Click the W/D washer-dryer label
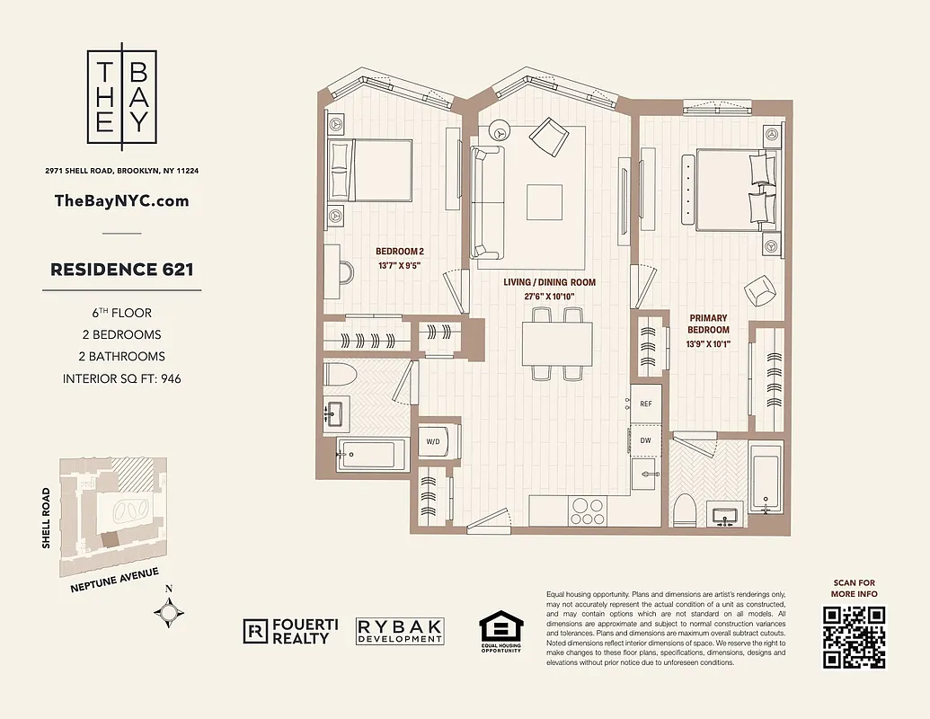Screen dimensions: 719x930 point(432,441)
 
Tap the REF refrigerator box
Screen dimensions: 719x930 point(645,404)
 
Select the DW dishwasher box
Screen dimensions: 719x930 point(645,441)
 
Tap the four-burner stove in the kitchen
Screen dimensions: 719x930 point(587,510)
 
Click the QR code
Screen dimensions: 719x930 point(855,637)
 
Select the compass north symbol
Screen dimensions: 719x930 point(169,612)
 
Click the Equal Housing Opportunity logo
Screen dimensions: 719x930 point(500,631)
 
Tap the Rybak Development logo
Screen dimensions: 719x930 point(400,631)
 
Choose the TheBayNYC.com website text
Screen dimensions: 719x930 point(122,200)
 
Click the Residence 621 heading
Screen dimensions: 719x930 point(122,269)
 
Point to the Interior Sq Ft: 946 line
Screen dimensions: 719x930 point(122,378)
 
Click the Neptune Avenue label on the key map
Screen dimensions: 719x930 point(114,581)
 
